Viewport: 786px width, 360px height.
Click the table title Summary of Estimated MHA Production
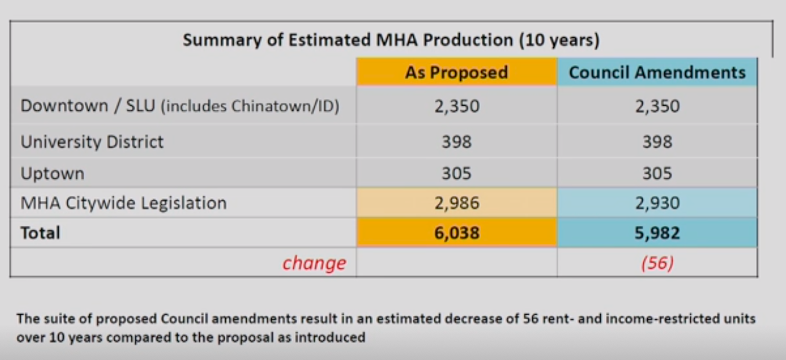391,41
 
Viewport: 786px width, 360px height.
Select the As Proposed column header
456,73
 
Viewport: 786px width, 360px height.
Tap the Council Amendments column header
657,73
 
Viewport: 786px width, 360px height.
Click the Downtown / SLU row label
87,106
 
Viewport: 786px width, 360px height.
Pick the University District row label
92,142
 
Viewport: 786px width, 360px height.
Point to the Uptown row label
52,174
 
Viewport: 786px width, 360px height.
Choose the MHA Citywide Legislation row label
124,203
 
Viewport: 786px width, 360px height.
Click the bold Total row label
40,233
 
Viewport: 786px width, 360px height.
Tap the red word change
313,263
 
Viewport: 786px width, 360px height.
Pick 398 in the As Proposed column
456,142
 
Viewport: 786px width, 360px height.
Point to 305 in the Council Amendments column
657,173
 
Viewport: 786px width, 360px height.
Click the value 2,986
456,203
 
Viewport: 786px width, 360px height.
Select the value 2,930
657,203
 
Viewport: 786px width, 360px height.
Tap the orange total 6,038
456,233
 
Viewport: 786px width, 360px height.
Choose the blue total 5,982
657,233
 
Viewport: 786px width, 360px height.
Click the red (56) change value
657,263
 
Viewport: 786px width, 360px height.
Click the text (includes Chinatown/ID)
250,107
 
